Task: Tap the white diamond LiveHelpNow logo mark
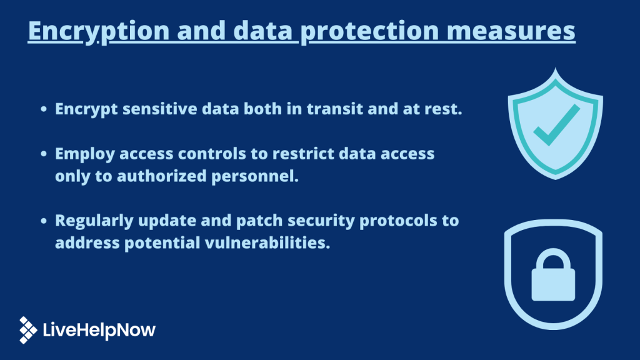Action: pyautogui.click(x=28, y=329)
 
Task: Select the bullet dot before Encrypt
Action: pyautogui.click(x=44, y=109)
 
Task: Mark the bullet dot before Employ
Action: pyautogui.click(x=44, y=154)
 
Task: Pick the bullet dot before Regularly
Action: pyautogui.click(x=44, y=221)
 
